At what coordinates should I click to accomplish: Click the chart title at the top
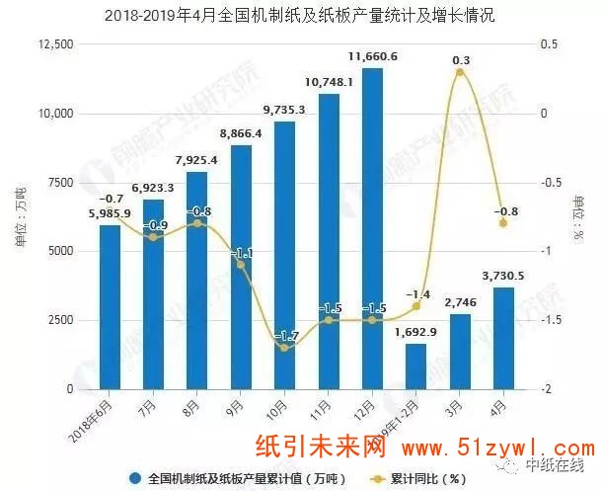pos(302,16)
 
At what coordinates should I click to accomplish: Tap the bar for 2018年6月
pos(110,307)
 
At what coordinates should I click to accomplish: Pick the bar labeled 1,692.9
pos(416,366)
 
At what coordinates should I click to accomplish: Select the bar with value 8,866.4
pos(241,267)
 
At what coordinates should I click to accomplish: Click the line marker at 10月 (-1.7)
pos(285,348)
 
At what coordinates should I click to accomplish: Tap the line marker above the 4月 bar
pos(503,223)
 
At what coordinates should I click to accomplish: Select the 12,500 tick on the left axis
pos(54,45)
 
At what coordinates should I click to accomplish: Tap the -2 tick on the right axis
pos(543,389)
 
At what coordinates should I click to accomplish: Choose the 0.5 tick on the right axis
pos(544,45)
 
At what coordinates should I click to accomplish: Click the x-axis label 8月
pos(197,404)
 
